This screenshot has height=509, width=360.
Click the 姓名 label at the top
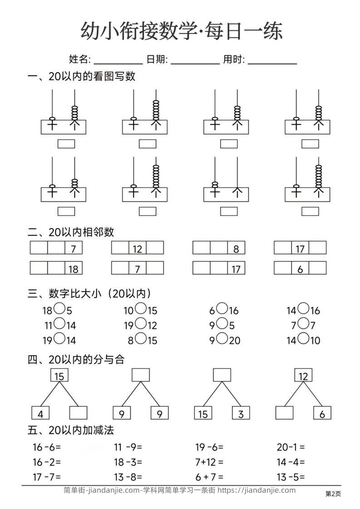[x=79, y=59]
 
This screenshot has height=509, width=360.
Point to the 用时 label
[x=234, y=59]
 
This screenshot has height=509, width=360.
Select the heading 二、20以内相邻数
[x=71, y=232]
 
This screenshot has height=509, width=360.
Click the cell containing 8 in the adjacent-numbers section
[x=236, y=248]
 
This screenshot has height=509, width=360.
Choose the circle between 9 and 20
[x=222, y=338]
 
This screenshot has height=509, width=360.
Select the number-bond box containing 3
[x=241, y=413]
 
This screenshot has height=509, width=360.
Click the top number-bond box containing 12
[x=303, y=376]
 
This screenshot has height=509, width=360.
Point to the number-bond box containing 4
[x=40, y=413]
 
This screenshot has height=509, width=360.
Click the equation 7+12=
[x=209, y=462]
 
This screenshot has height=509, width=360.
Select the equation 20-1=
[x=291, y=447]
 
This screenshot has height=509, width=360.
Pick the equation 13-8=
[x=128, y=476]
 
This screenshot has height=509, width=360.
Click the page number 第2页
[x=333, y=494]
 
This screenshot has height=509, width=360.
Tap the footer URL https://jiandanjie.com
[x=256, y=490]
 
